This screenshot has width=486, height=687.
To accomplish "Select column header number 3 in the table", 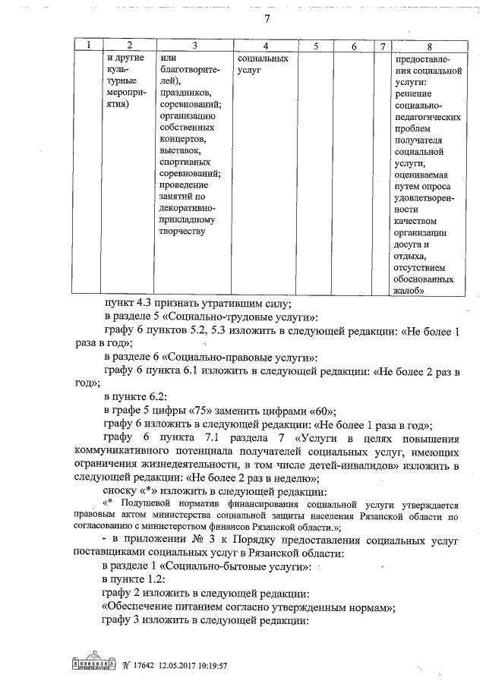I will click(x=194, y=46).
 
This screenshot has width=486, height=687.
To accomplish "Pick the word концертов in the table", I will click(x=182, y=140).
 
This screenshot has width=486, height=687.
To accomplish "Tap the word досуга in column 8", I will click(x=413, y=244).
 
